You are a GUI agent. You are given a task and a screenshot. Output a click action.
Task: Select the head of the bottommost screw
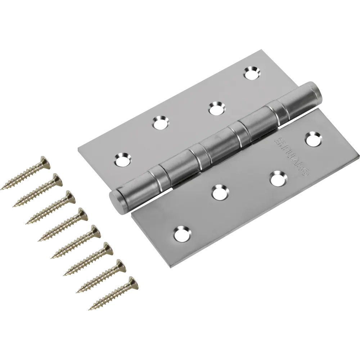click(133, 282)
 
